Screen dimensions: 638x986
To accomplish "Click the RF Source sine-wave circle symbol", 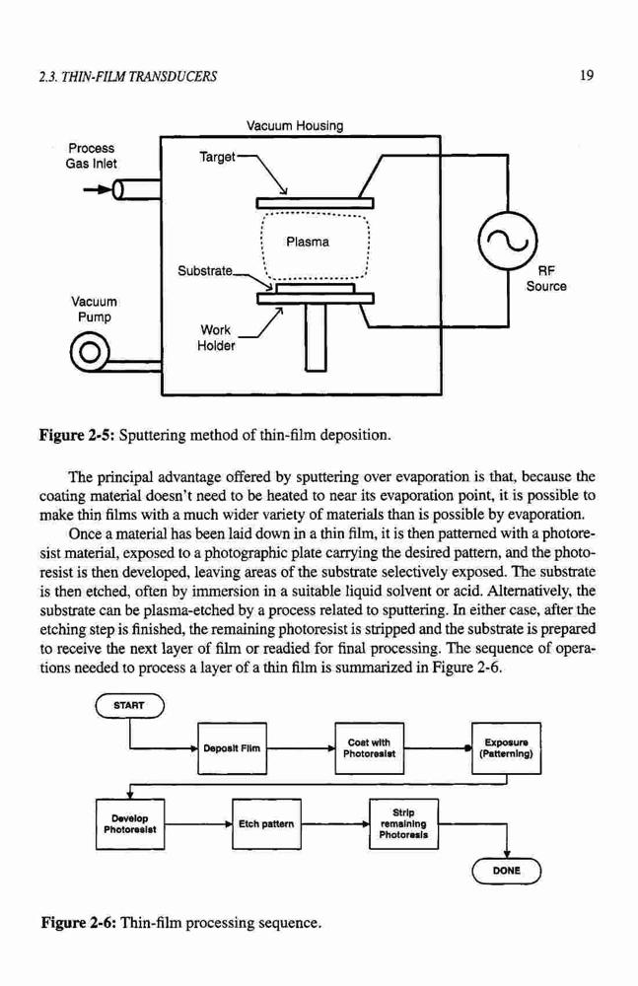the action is [508, 242].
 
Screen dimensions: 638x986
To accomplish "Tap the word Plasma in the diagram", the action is [307, 242].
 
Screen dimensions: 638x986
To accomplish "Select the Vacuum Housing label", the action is [295, 126].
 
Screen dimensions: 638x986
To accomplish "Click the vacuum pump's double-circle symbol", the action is [90, 351].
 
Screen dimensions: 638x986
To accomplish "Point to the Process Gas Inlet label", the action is [92, 156].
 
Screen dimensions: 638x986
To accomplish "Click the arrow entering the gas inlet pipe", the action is [99, 189].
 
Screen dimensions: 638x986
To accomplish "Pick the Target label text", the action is [217, 156].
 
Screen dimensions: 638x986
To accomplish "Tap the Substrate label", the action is [205, 271].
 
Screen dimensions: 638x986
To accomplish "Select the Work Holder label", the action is [216, 337].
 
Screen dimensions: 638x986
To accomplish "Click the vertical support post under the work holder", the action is [316, 337].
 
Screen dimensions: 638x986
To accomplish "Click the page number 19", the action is [587, 76].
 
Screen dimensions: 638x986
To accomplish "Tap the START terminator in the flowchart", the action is [129, 706].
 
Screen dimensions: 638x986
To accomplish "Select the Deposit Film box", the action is [232, 748].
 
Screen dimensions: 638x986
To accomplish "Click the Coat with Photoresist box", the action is [370, 748].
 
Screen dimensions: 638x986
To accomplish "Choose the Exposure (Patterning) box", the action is [507, 748].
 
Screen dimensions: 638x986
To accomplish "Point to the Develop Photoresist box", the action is [130, 824].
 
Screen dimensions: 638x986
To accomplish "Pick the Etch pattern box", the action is [267, 824].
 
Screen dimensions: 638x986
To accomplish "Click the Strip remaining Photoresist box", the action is [404, 824].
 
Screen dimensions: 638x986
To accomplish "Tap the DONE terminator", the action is [507, 871].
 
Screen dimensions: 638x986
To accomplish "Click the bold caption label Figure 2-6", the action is [78, 923].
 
